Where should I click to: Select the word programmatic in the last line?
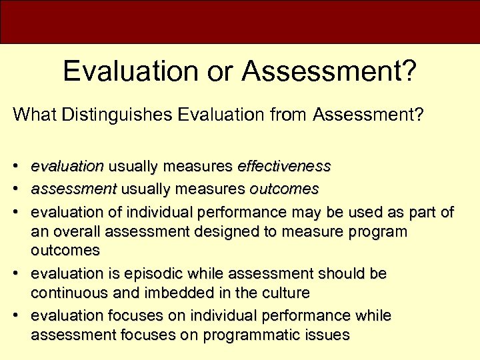coord(247,334)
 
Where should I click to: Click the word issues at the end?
coord(327,334)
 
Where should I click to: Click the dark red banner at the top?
coord(240,21)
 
